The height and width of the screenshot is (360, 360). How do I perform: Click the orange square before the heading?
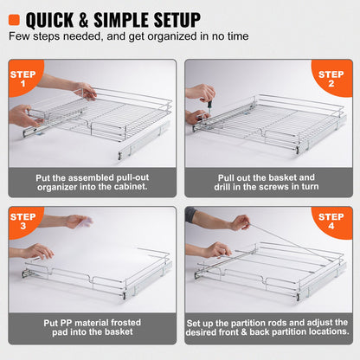tap(16, 18)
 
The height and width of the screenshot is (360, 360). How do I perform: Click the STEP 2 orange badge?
tap(331, 79)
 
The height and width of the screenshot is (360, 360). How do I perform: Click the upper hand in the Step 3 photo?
tap(78, 221)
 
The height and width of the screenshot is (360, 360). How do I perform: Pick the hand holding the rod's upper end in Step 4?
tap(240, 222)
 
